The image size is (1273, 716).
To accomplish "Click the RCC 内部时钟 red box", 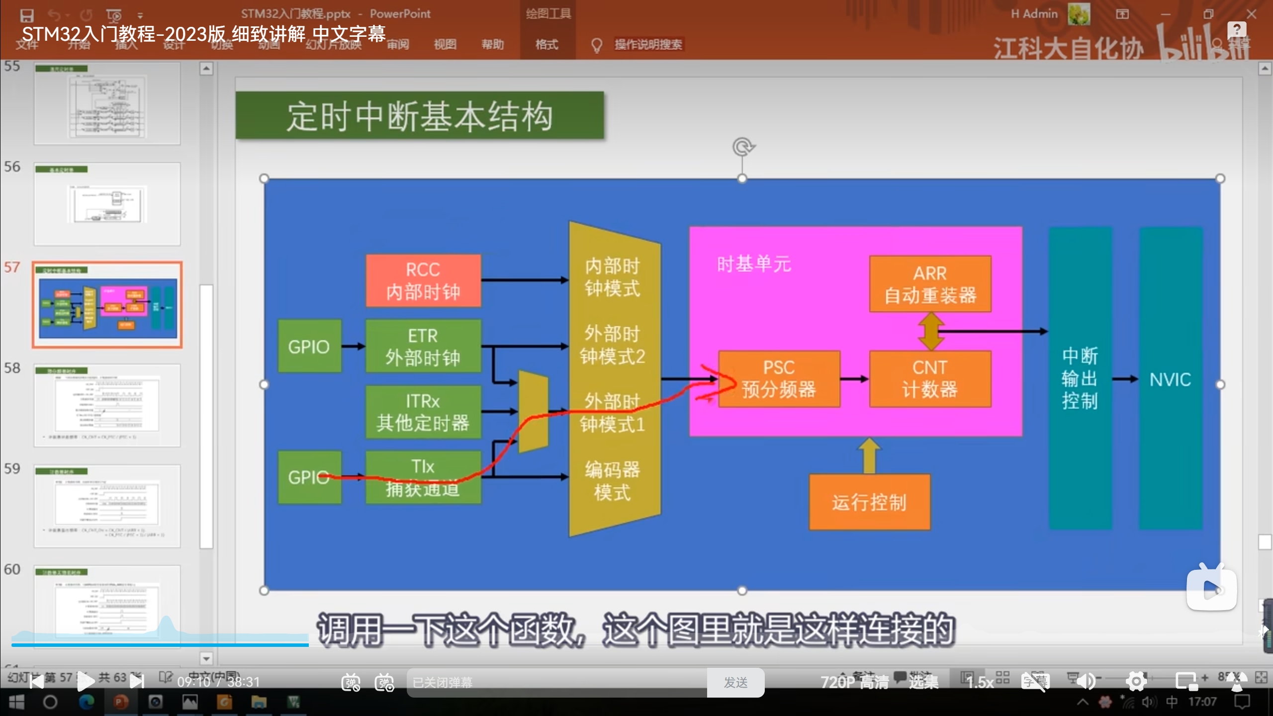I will tap(423, 280).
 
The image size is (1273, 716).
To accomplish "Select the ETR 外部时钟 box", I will tap(423, 346).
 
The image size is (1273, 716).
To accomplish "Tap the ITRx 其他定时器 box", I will tap(423, 412).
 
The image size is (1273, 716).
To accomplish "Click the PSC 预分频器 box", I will tap(779, 379).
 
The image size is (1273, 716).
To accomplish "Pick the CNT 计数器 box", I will tap(930, 379).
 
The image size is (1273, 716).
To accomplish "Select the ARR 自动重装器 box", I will tap(930, 284).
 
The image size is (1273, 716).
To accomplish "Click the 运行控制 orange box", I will tap(869, 502).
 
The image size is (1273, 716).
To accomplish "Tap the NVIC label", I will tap(1170, 380).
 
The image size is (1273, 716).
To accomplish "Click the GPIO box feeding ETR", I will tap(309, 346).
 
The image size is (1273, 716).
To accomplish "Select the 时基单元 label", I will tap(753, 264).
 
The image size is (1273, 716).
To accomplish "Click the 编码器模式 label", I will tap(612, 481).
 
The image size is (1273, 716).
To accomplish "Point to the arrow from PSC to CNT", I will tap(854, 379).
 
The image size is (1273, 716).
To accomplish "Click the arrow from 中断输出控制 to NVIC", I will tap(1125, 379).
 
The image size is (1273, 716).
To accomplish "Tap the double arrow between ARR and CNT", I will tap(931, 331).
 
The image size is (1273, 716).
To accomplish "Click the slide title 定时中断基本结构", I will tap(420, 116).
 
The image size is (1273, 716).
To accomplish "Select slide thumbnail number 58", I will tap(107, 405).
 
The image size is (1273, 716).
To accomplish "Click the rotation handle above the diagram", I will tap(743, 147).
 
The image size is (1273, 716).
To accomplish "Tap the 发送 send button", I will tap(735, 683).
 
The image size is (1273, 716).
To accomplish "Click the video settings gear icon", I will tap(1136, 681).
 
